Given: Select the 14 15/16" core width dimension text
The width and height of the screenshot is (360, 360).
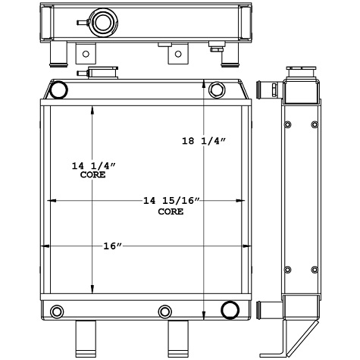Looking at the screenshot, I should click(171, 201).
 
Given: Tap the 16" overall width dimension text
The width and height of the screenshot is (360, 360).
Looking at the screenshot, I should click(112, 246).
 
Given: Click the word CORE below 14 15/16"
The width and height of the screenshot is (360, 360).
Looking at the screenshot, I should click(170, 212).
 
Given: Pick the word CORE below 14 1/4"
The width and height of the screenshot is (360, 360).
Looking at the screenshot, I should click(92, 175).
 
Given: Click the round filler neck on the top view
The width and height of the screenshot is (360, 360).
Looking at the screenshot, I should click(101, 19).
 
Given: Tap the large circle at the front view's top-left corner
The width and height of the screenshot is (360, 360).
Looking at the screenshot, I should click(58, 91).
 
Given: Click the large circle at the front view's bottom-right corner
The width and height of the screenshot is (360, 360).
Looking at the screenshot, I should click(229, 309).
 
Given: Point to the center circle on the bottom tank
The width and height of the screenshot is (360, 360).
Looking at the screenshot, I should click(164, 311).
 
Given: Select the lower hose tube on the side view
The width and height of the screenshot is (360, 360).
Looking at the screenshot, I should click(267, 310).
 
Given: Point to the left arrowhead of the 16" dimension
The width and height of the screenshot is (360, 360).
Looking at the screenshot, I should click(51, 246).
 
